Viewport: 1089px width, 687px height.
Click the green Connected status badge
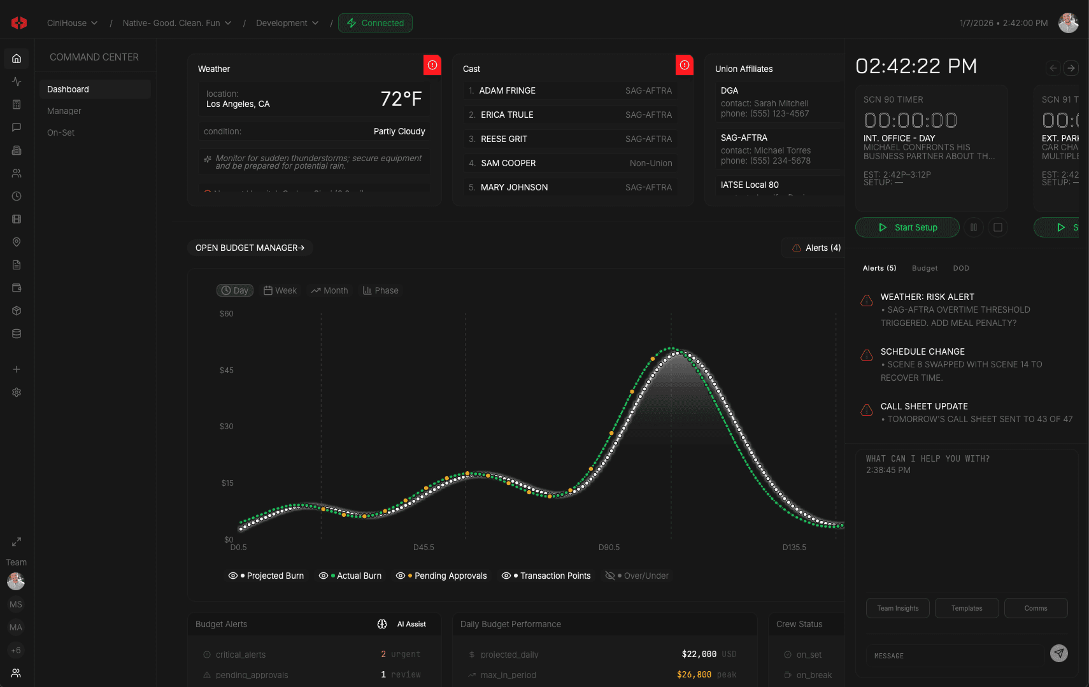click(x=375, y=23)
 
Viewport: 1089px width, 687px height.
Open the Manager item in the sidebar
click(x=64, y=111)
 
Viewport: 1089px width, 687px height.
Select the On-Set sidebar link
click(x=61, y=132)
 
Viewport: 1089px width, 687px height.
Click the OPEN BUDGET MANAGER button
click(x=250, y=248)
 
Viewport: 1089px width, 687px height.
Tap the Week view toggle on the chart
click(x=280, y=290)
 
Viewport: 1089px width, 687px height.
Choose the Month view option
click(x=329, y=290)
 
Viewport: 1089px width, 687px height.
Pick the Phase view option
click(x=381, y=290)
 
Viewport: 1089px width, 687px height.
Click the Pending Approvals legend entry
click(x=441, y=576)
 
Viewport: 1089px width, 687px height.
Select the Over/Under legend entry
click(x=637, y=576)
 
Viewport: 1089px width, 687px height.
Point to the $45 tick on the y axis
click(x=227, y=370)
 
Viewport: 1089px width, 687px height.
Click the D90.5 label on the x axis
click(x=609, y=548)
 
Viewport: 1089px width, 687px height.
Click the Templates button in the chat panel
click(x=967, y=608)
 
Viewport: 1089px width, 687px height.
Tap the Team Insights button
click(x=897, y=608)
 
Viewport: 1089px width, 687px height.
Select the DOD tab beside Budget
click(x=961, y=268)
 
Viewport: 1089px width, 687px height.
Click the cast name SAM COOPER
click(x=508, y=163)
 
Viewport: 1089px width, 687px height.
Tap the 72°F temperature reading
click(x=401, y=99)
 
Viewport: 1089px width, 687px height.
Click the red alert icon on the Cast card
click(x=684, y=65)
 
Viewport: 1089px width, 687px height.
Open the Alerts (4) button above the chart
click(x=816, y=248)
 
